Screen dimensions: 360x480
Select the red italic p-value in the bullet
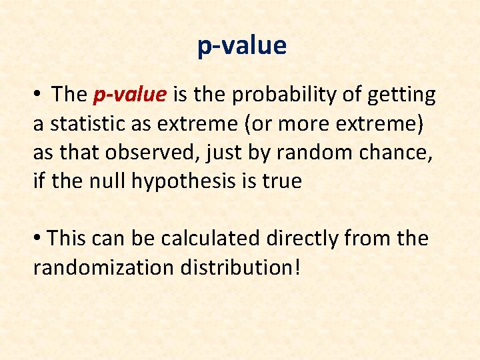(129, 95)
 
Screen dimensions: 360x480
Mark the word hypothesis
(181, 181)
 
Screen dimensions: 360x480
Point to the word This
(67, 238)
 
